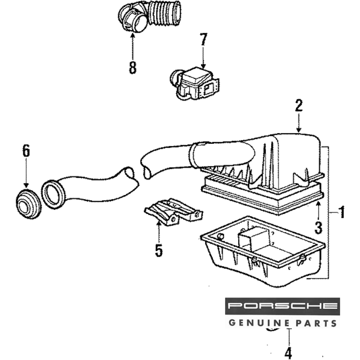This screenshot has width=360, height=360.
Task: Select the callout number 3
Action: pyautogui.click(x=318, y=227)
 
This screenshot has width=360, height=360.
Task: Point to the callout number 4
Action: pyautogui.click(x=288, y=352)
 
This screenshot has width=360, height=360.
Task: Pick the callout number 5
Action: pyautogui.click(x=159, y=250)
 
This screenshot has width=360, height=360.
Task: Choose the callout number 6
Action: pyautogui.click(x=26, y=152)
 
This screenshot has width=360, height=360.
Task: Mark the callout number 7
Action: pyautogui.click(x=203, y=40)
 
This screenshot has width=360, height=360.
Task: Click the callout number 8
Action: pyautogui.click(x=133, y=67)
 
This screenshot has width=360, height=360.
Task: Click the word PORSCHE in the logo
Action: pyautogui.click(x=283, y=306)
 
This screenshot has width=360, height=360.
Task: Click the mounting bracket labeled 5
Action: pyautogui.click(x=173, y=212)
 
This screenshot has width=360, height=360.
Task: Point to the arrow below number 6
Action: pyautogui.click(x=26, y=175)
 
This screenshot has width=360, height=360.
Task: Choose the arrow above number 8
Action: pyautogui.click(x=133, y=45)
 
